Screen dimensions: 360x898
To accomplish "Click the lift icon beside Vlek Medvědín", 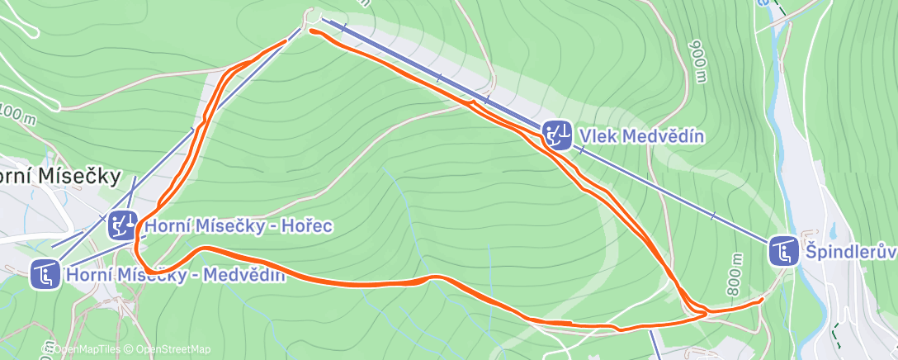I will coord(558,134).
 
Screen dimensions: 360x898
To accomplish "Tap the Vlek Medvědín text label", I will coord(641,135).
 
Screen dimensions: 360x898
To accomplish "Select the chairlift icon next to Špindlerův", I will coord(783,250).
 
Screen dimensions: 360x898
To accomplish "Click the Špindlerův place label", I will coord(849,250).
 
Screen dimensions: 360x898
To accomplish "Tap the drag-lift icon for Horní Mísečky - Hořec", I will coord(123,225).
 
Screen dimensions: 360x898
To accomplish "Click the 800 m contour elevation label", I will coord(734,275).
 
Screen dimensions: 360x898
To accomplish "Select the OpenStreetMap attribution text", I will coord(168,349).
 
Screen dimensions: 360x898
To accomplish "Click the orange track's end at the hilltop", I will coord(311,31).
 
